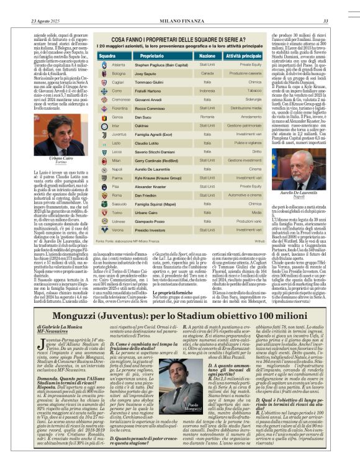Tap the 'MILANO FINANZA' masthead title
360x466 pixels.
(180, 5)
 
